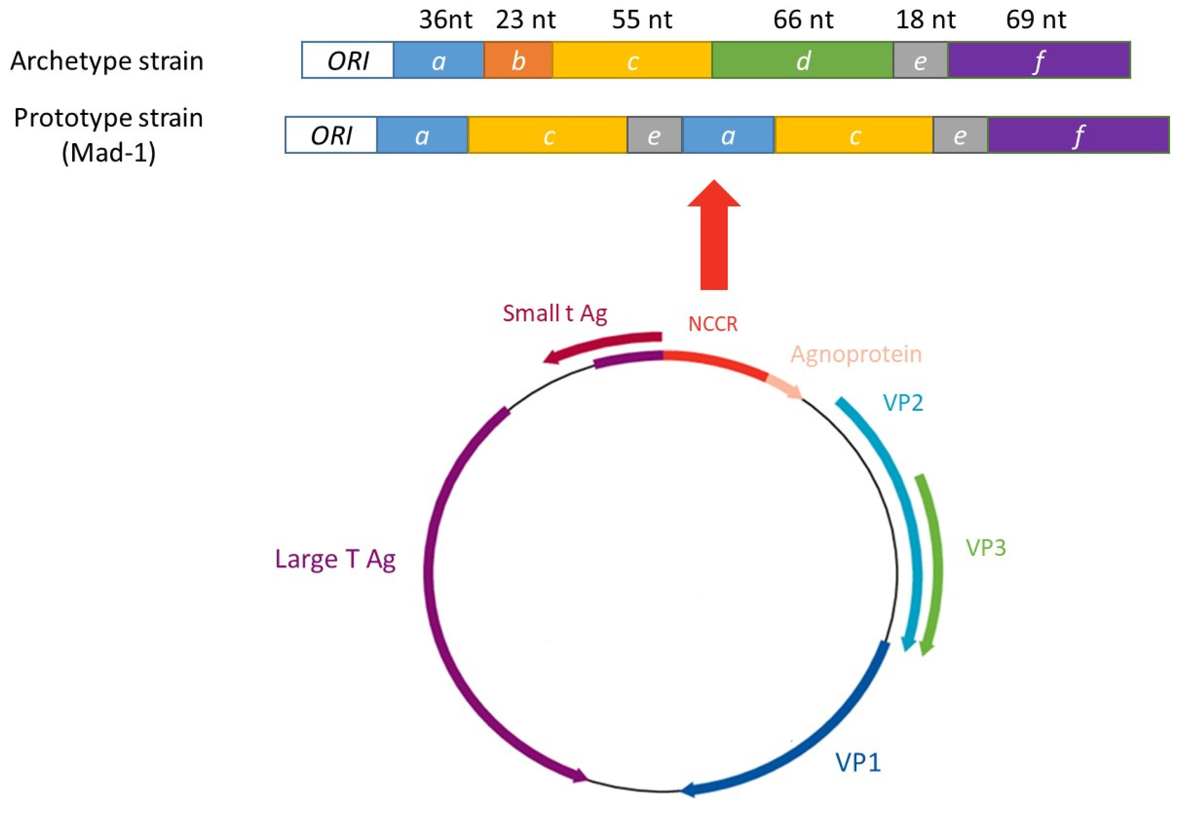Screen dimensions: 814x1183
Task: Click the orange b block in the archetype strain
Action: pos(518,60)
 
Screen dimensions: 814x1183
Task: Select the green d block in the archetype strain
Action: pos(802,60)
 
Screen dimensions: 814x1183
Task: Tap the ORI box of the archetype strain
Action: pos(348,60)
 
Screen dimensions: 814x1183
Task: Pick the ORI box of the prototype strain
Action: pos(331,135)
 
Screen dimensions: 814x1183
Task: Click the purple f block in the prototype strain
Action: pos(1078,135)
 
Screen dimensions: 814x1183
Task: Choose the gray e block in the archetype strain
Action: pos(920,60)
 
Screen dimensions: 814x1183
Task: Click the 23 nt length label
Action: pos(525,19)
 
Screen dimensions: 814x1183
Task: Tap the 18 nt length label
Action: pos(925,19)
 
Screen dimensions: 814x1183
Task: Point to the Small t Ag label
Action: pos(555,313)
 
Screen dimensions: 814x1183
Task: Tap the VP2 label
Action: pos(903,403)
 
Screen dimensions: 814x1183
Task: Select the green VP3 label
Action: pos(986,548)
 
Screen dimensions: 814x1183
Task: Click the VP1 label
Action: pos(858,762)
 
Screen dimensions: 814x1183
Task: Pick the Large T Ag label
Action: pos(335,559)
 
